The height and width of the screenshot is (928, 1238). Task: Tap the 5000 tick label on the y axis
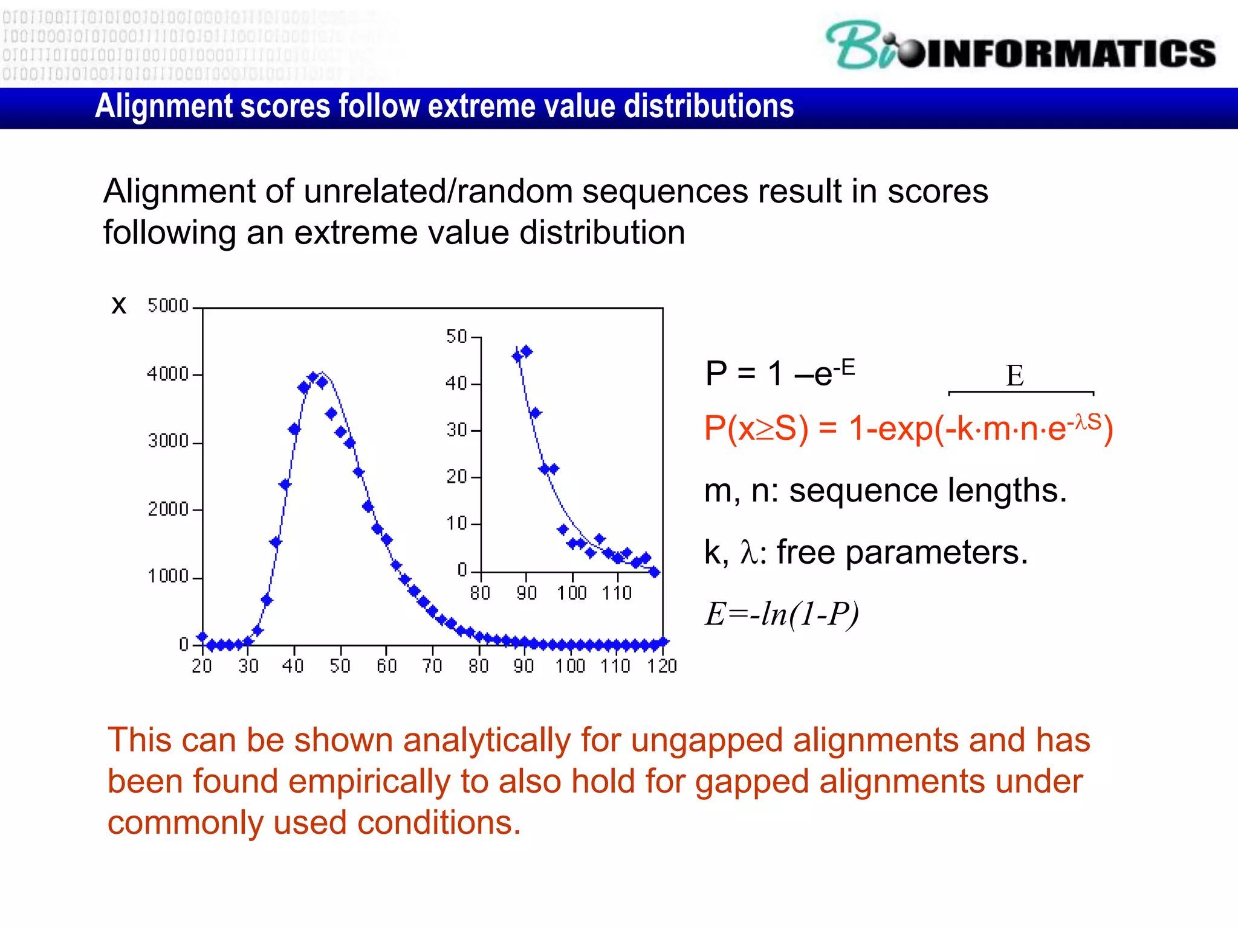click(x=168, y=306)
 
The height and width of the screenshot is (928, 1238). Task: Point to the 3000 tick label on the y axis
click(x=168, y=441)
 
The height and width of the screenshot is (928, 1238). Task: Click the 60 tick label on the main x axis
click(x=386, y=666)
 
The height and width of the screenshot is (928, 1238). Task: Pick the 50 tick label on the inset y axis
click(x=456, y=337)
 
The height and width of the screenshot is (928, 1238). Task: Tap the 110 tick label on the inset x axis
click(x=616, y=593)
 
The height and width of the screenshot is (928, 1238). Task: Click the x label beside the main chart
click(x=119, y=305)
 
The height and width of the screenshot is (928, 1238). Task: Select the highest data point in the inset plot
click(x=527, y=351)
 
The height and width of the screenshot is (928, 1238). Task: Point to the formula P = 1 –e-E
click(x=779, y=372)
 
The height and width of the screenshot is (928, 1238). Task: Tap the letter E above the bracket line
click(x=1014, y=376)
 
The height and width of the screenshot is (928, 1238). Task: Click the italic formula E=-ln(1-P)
click(x=781, y=614)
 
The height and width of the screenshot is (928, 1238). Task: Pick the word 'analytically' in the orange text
click(x=487, y=740)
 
